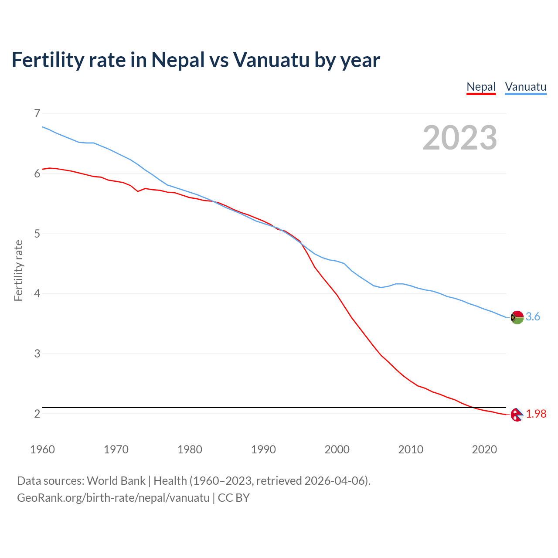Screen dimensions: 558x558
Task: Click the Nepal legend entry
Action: pyautogui.click(x=481, y=87)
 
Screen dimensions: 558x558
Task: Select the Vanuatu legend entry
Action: pyautogui.click(x=525, y=87)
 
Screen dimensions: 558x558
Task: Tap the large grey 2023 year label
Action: pyautogui.click(x=460, y=138)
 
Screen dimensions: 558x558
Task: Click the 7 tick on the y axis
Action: pyautogui.click(x=37, y=114)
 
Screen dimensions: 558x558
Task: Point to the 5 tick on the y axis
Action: pyautogui.click(x=37, y=234)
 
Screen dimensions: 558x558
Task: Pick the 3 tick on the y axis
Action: pyautogui.click(x=37, y=354)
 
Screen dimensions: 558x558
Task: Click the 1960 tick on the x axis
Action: pyautogui.click(x=42, y=449)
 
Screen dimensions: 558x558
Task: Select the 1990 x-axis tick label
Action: pyautogui.click(x=263, y=449)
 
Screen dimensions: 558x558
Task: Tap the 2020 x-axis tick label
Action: pyautogui.click(x=484, y=449)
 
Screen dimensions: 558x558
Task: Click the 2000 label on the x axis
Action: pyautogui.click(x=337, y=449)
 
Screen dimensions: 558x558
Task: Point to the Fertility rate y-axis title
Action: pyautogui.click(x=18, y=270)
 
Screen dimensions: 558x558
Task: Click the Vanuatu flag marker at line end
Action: pyautogui.click(x=517, y=317)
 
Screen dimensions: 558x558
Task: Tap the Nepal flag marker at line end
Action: pyautogui.click(x=517, y=415)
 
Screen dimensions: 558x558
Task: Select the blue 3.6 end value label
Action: pyautogui.click(x=533, y=317)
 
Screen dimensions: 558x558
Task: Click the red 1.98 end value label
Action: pyautogui.click(x=536, y=414)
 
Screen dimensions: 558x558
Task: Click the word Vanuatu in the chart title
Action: pyautogui.click(x=271, y=60)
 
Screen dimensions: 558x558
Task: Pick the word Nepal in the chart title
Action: pyautogui.click(x=178, y=60)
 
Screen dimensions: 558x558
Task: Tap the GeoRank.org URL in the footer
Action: pyautogui.click(x=113, y=498)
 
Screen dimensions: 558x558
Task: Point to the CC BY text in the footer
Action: pyautogui.click(x=234, y=498)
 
